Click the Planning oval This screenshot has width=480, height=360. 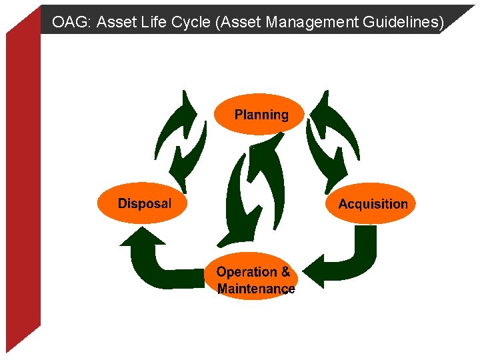point(261,114)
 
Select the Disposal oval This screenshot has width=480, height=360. point(143,203)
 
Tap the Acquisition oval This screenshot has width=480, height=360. point(373,203)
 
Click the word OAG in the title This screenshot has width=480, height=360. point(70,22)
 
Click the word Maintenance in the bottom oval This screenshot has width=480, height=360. point(256,289)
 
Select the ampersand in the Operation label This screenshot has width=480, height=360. point(285,271)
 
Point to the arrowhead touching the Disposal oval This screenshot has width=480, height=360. point(142,236)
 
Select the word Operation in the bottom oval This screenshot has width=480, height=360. point(246,271)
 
